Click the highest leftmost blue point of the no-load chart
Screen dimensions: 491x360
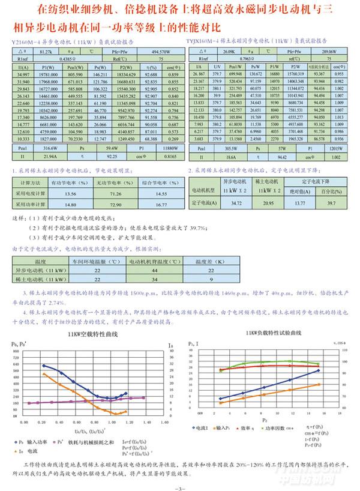click(44, 366)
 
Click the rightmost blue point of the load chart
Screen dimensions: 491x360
click(318, 370)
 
